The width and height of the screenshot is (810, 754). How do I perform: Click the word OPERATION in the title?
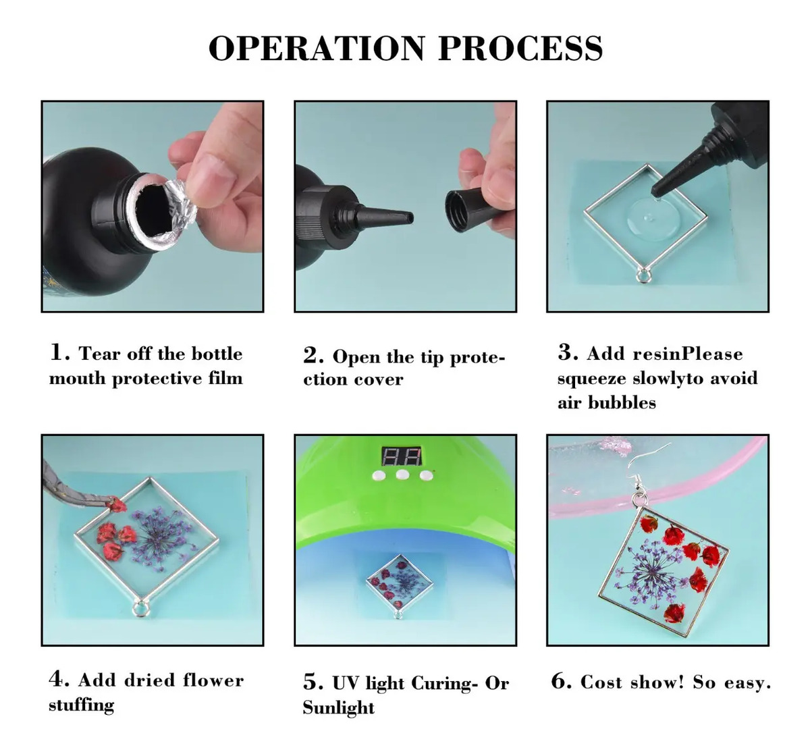click(317, 48)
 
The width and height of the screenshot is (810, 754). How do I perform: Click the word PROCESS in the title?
click(520, 48)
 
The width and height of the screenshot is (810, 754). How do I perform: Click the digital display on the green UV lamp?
click(402, 456)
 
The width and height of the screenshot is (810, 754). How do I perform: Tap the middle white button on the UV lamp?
click(402, 474)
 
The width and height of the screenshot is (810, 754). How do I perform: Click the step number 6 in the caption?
click(561, 682)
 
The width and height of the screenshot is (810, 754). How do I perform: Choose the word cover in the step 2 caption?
click(378, 380)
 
